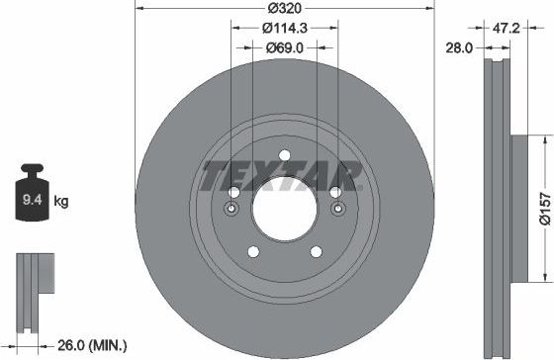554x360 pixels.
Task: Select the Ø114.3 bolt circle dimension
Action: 284,30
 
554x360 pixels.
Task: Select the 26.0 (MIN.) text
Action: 94,345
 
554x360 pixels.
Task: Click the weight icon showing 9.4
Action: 33,199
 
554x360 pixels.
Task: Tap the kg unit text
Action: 61,202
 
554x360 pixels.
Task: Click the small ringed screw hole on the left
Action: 231,209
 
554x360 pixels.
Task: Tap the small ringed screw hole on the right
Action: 336,209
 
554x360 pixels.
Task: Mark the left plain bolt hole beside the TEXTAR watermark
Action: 233,192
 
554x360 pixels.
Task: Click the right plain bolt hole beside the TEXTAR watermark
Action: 334,192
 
